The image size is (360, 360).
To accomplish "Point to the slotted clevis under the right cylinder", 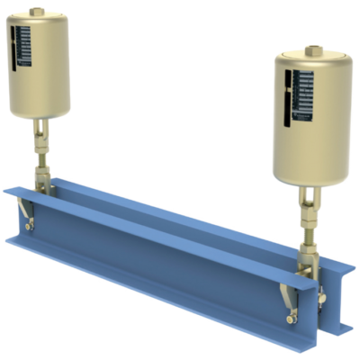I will pos(309,193).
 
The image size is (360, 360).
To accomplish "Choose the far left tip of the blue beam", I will pos(4,187).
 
